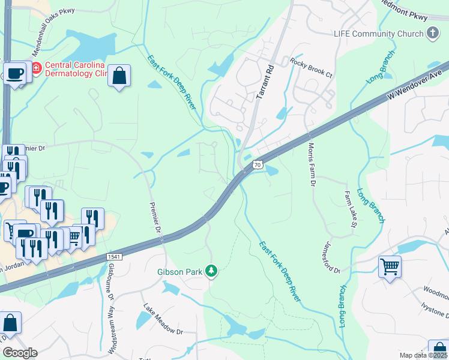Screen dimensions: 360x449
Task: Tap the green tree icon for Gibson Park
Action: coord(211,272)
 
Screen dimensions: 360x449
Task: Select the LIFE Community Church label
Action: coord(378,34)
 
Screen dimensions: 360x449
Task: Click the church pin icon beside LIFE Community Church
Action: coord(432,34)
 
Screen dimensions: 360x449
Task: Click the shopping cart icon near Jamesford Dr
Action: coord(390,266)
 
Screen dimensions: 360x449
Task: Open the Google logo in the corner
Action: coord(20,353)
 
